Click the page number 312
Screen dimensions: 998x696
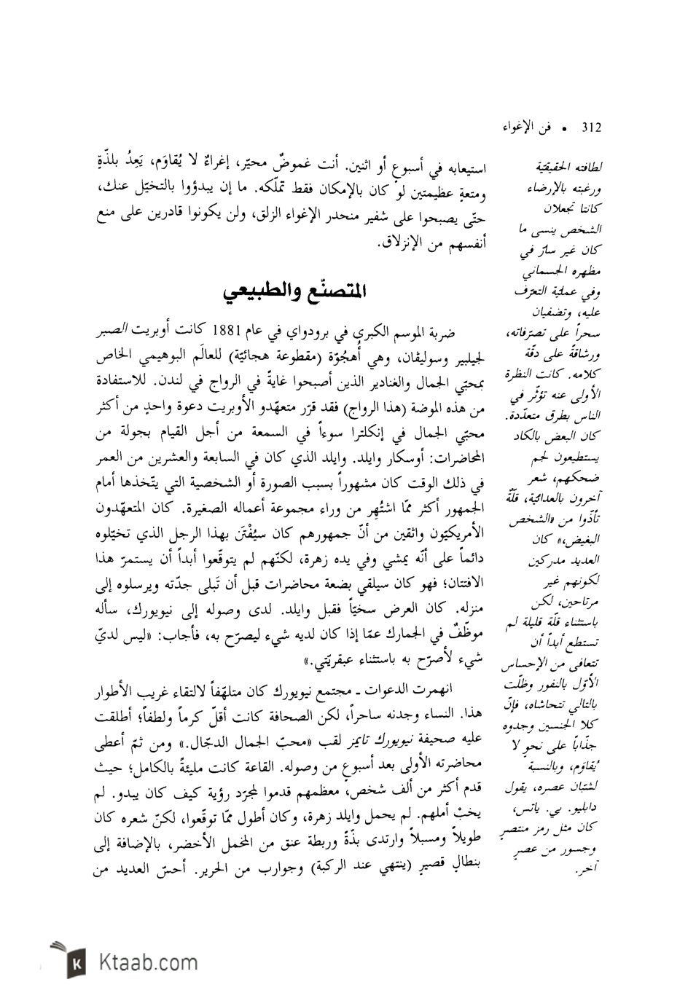tap(590, 128)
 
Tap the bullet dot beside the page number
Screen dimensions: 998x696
tap(563, 129)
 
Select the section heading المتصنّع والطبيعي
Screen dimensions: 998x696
tap(294, 294)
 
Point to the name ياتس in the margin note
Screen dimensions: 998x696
tap(524, 812)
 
